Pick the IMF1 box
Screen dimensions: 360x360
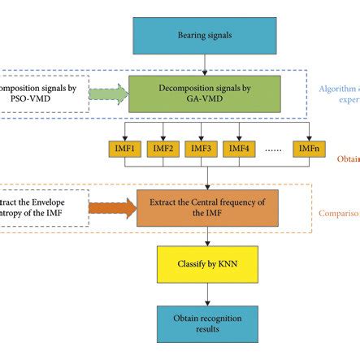(x=127, y=149)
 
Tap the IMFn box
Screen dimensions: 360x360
(x=308, y=149)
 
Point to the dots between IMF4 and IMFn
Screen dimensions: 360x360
(x=273, y=150)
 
